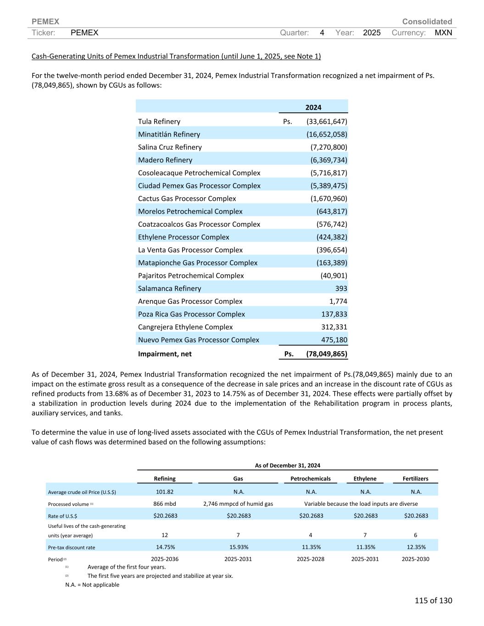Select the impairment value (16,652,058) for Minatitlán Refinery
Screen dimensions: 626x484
click(x=327, y=134)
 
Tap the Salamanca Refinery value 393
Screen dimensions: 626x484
click(x=341, y=288)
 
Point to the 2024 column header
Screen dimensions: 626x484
click(x=313, y=107)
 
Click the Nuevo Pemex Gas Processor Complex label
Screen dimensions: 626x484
click(x=198, y=340)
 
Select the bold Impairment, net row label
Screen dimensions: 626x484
click(x=165, y=354)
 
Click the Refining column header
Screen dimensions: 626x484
click(x=165, y=479)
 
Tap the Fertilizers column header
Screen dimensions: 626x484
click(x=415, y=479)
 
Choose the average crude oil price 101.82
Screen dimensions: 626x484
click(x=165, y=492)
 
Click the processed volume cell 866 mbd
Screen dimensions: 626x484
click(x=165, y=504)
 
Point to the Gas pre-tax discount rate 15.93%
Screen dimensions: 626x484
click(x=238, y=547)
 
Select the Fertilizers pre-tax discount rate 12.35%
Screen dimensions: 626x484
click(x=416, y=547)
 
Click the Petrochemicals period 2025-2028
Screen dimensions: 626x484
click(x=311, y=559)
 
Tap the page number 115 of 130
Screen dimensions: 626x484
click(x=433, y=601)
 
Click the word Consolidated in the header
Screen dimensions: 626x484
click(x=427, y=22)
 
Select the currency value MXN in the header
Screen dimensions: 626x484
click(x=443, y=33)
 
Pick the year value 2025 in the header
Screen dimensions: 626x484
click(x=372, y=33)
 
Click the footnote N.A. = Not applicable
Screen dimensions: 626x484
click(x=92, y=585)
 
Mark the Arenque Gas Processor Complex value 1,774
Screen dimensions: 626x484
click(x=338, y=301)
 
